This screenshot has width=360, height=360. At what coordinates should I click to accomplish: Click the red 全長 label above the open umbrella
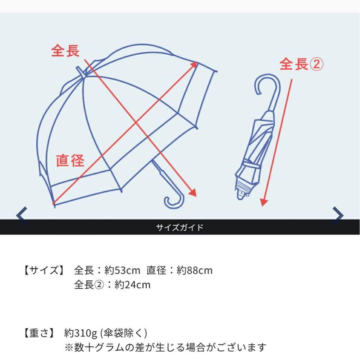pos(65,51)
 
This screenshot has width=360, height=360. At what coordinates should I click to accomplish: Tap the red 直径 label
pos(70,160)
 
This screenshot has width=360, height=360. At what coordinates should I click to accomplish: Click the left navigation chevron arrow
pos(22,215)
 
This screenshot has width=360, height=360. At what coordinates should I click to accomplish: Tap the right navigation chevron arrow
pos(338,215)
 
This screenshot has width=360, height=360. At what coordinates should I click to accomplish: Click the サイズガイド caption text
pos(180,227)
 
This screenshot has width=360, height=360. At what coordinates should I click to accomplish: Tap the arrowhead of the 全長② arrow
pos(264,202)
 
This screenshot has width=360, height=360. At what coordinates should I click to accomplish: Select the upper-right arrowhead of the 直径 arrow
pos(194,65)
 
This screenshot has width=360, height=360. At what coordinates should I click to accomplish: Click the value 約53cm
pos(122,270)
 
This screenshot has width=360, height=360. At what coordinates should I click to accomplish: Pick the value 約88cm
pos(194,270)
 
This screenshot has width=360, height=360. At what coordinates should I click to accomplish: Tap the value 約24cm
pos(132,285)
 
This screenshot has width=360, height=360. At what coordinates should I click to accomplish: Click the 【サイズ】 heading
pos(44,270)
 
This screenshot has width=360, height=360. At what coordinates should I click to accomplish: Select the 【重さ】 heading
pos(39,333)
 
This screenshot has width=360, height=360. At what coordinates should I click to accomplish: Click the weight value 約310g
pos(81,333)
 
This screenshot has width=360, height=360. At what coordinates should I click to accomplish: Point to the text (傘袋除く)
pos(124,333)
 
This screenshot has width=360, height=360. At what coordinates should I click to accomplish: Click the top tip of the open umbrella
pos(78,68)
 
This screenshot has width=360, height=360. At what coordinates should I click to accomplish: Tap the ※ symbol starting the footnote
pos(69,347)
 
